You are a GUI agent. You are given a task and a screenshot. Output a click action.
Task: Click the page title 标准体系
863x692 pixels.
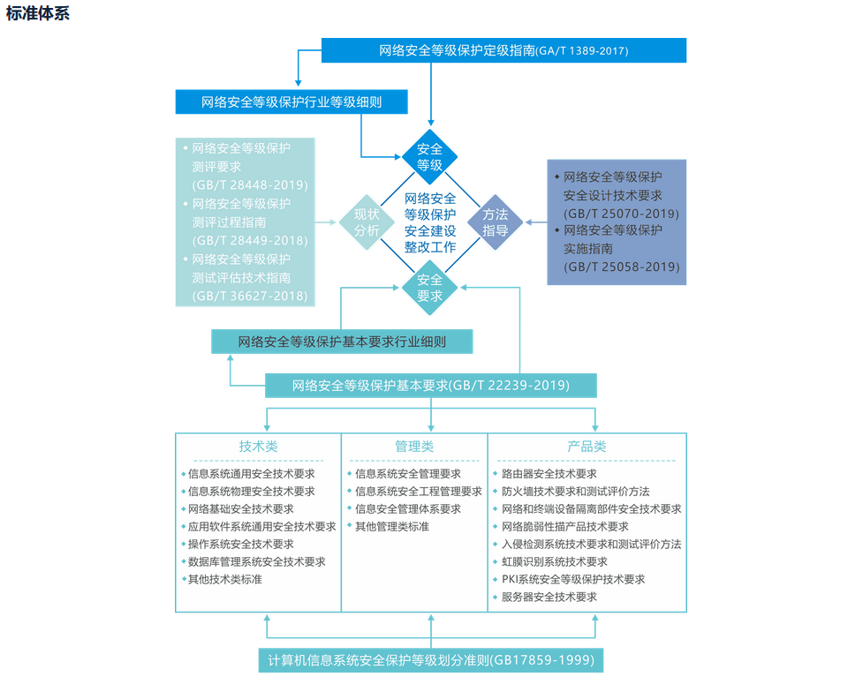[x=37, y=13]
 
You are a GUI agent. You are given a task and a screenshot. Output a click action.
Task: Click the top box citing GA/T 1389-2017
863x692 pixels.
[x=503, y=50]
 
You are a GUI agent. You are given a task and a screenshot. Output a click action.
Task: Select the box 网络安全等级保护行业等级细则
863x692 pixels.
[x=291, y=102]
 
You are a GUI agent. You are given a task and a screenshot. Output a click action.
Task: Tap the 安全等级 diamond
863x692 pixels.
[x=430, y=156]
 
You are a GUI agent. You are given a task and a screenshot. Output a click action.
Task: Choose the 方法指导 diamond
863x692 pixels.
[x=495, y=222]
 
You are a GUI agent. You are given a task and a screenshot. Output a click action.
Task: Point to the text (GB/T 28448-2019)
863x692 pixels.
[x=250, y=184]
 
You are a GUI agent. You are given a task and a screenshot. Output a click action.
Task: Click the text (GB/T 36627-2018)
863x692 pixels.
[x=250, y=297]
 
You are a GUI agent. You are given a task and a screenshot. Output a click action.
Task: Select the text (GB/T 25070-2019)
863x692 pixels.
[x=621, y=214]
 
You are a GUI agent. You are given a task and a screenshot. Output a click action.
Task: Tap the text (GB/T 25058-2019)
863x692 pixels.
[x=621, y=267]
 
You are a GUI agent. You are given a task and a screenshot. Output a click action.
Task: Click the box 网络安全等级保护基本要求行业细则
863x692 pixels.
[x=342, y=342]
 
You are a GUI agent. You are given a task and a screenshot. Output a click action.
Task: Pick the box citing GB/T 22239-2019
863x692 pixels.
[x=430, y=386]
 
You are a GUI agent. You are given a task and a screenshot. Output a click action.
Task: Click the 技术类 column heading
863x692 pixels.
[x=258, y=447]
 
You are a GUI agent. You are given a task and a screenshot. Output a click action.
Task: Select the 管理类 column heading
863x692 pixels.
[x=414, y=447]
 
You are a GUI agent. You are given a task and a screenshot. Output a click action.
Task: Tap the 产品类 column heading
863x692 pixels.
[x=587, y=447]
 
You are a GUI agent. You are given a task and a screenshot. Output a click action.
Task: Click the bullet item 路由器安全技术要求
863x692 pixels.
[x=549, y=474]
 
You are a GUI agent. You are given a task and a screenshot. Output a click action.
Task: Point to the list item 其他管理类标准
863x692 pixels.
[x=392, y=527]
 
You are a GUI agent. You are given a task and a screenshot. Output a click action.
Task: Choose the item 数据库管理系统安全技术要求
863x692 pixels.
[x=256, y=562]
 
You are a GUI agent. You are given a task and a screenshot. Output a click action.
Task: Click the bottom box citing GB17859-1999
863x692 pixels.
[x=431, y=660]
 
